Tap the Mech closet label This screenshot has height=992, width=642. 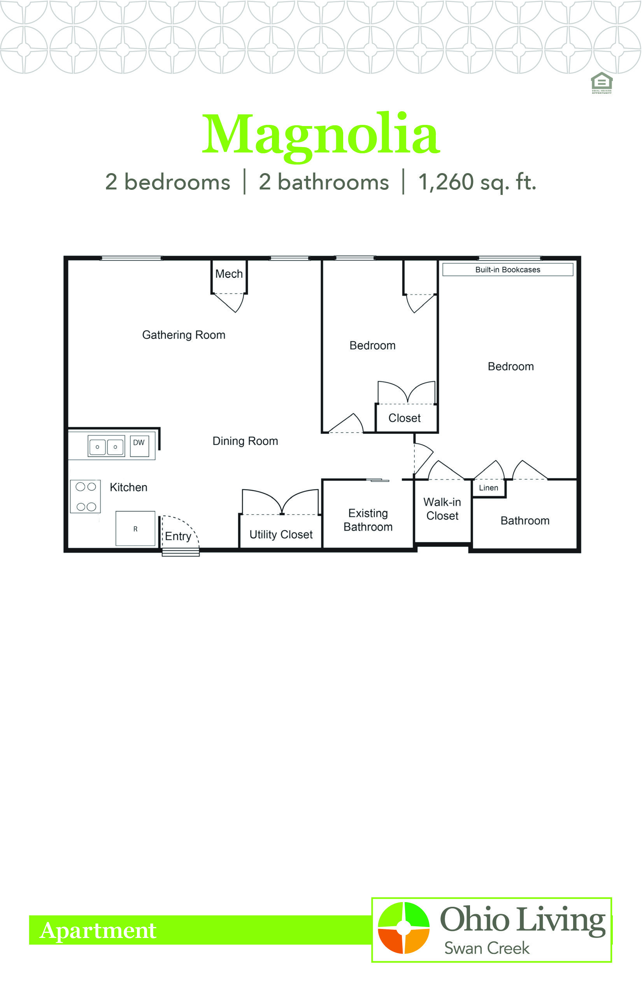click(x=229, y=274)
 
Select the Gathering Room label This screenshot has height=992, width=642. click(x=183, y=335)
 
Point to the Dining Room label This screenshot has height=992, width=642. click(x=245, y=441)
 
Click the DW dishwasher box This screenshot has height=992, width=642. click(x=139, y=446)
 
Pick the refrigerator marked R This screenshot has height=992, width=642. click(x=135, y=529)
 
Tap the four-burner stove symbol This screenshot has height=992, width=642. click(x=86, y=496)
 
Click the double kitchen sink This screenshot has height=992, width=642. click(x=106, y=447)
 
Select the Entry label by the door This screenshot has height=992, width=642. click(x=178, y=536)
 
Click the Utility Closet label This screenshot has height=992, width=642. click(x=281, y=535)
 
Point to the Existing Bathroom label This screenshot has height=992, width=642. click(x=368, y=520)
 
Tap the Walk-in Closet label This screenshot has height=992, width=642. click(x=442, y=509)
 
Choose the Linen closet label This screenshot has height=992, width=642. click(x=489, y=488)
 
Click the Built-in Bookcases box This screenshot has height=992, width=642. click(x=508, y=270)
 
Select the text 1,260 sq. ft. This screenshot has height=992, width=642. click(x=477, y=182)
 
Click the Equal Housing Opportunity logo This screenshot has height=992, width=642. click(x=602, y=83)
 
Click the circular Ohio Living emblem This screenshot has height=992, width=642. click(x=403, y=928)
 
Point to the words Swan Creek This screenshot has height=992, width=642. click(x=487, y=948)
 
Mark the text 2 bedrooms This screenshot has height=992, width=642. click(x=168, y=182)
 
